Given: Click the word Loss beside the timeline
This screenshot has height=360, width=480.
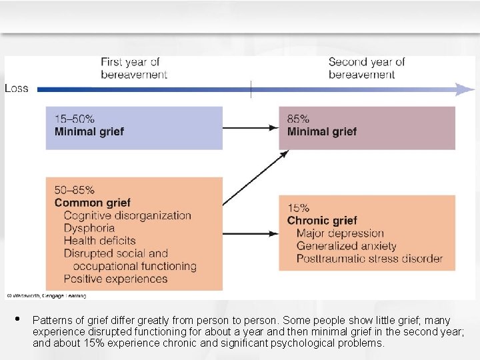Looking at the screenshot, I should coord(17,88).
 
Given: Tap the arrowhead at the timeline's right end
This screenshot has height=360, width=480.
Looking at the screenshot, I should coord(465,89).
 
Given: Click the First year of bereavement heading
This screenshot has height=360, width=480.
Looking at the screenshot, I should coord(134,68).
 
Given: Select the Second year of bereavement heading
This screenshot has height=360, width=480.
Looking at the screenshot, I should coord(366,68).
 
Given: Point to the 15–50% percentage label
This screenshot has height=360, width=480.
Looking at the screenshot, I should coord(73,119).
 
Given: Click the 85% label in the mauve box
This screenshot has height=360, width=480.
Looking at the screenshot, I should coord(298,119).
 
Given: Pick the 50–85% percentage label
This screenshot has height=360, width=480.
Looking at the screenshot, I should coord(75,190).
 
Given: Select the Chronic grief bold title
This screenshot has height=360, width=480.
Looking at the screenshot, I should coord(322,221).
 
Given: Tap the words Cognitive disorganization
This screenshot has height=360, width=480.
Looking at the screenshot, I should coord(127,215).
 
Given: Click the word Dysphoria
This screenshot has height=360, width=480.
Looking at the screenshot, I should coord(89,228).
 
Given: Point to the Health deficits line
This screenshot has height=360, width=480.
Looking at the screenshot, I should coord(99,241).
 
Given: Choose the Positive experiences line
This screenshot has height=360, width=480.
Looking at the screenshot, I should coord(115,279).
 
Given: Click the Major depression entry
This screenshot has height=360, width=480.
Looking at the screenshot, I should coord(340,233).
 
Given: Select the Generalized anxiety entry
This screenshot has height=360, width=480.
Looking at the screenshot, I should coord(346,246).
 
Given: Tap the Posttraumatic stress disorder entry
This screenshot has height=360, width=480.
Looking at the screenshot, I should coord(369,259).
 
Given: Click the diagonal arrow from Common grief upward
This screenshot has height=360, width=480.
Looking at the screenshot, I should coord(255,177).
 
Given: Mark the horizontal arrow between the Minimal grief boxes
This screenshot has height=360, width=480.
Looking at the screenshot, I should coord(251,127).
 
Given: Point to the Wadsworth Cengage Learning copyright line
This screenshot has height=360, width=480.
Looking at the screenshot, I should coord(46,295).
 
